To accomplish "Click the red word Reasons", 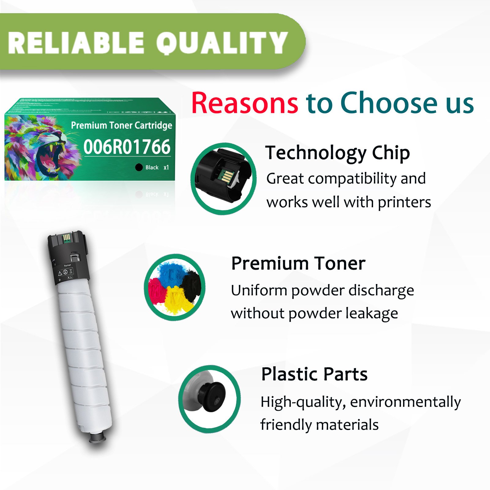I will click(x=245, y=103).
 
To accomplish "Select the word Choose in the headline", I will click(x=389, y=103).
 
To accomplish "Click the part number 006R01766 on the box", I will click(x=127, y=147).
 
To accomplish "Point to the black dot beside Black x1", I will click(x=139, y=167).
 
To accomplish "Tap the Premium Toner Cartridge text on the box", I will click(x=122, y=125).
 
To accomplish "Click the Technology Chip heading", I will click(x=337, y=153).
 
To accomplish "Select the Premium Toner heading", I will click(x=298, y=264).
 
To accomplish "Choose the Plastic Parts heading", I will click(x=314, y=374).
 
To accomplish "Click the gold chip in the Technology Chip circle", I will click(x=227, y=177).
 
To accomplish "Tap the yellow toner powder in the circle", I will click(x=175, y=300).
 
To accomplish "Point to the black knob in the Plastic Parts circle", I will click(x=212, y=397).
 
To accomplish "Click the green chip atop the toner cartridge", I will click(x=67, y=238).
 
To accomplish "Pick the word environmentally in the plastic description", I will click(x=405, y=402).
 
